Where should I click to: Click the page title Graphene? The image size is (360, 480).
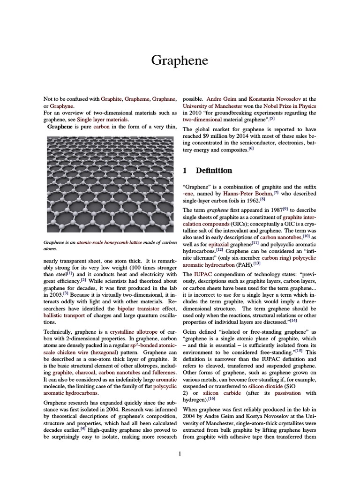[x=180, y=60]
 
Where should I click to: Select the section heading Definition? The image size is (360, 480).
[x=214, y=171]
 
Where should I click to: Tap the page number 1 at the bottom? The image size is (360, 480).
[x=180, y=453]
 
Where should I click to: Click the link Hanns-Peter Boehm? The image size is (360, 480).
[x=247, y=194]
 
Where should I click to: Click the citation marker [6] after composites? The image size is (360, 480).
[x=251, y=149]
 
